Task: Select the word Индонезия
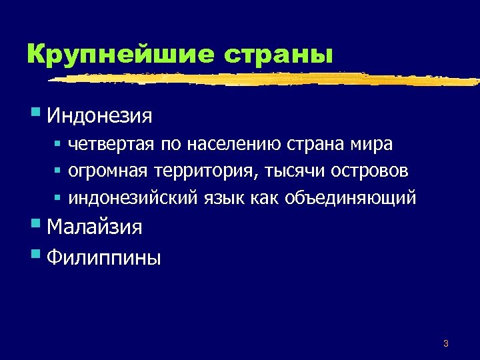pos(100,116)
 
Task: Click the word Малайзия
pos(95,227)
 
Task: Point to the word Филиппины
pos(104,257)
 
